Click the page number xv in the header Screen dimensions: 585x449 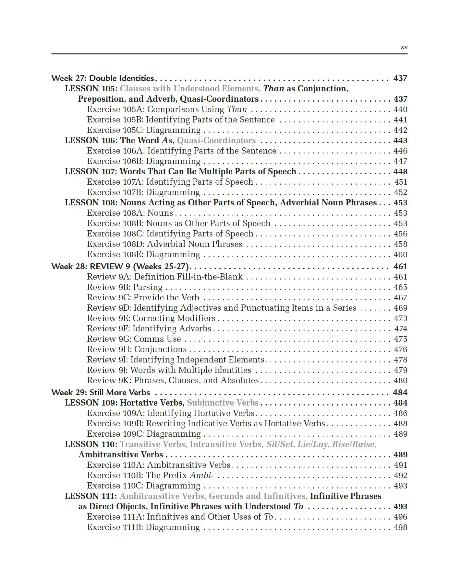click(x=404, y=47)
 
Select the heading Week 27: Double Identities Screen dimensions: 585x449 click(x=103, y=78)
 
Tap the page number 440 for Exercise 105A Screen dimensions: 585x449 click(x=400, y=109)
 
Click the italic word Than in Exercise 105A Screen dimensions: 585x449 click(x=237, y=109)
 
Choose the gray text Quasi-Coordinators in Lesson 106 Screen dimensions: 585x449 click(x=216, y=141)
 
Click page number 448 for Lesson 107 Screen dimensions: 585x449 click(x=400, y=172)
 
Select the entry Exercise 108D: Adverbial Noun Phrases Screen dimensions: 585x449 click(x=164, y=244)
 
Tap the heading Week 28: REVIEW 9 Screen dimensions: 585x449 click(x=120, y=267)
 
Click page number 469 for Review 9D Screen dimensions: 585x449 click(x=400, y=308)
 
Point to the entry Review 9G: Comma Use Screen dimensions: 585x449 click(x=134, y=339)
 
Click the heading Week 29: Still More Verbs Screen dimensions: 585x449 click(x=101, y=393)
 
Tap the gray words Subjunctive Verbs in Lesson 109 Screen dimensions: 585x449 click(x=223, y=403)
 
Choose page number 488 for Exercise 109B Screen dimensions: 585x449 click(x=400, y=424)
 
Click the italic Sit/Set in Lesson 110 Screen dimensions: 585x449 click(x=280, y=444)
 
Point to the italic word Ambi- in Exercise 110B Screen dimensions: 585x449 click(x=201, y=476)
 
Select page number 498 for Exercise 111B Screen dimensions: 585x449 click(x=400, y=527)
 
